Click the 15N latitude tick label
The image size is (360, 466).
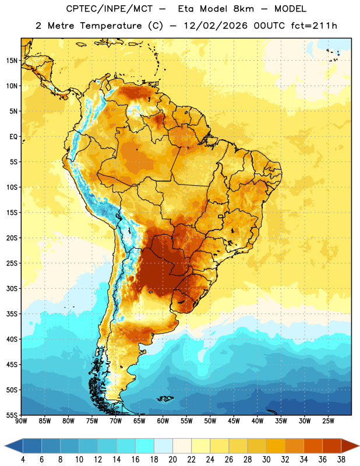12,61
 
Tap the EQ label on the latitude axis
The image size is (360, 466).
13,137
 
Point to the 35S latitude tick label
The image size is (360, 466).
12,314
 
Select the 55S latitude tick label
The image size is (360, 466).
12,415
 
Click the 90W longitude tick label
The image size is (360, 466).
21,421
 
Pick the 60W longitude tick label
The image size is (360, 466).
163,421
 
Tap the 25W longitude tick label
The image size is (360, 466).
328,421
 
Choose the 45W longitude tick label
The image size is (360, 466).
234,421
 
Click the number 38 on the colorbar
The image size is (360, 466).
341,460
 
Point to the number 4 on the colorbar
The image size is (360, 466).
23,460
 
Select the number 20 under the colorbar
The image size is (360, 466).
172,460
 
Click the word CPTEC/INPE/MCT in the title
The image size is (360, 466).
109,9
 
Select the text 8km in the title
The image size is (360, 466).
243,9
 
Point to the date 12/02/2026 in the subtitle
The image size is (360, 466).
216,26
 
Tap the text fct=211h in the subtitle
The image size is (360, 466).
314,26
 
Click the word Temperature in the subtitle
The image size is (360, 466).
111,26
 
